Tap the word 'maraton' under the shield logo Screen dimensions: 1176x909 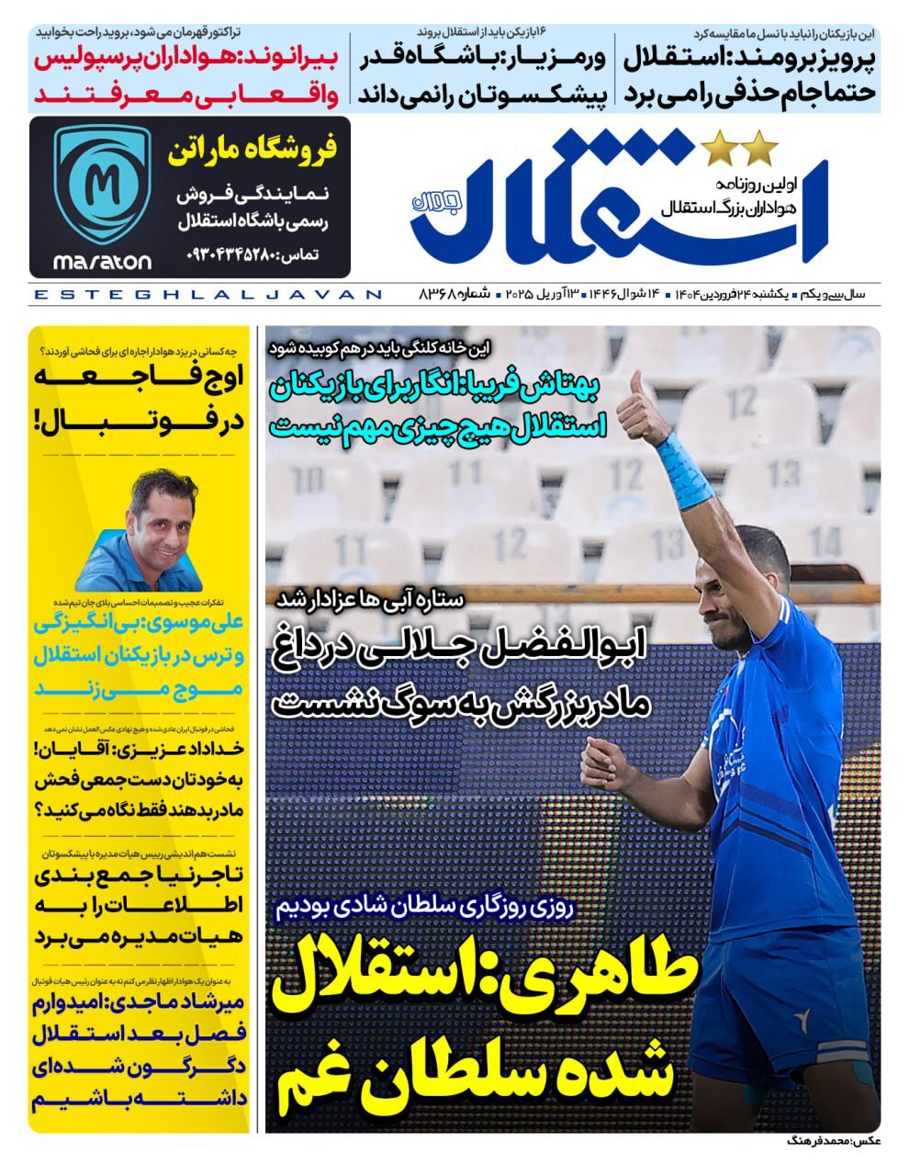click(102, 263)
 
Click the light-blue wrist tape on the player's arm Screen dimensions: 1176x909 click(684, 469)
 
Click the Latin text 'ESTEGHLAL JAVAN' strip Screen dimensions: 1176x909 click(207, 295)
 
